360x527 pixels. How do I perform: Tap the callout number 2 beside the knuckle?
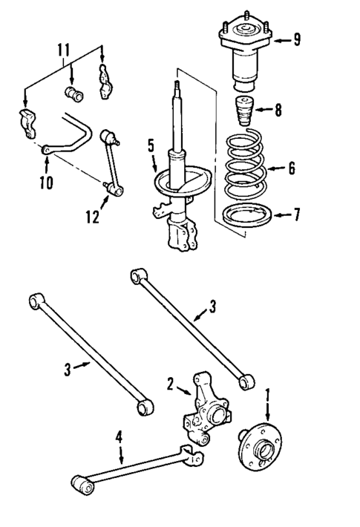170,384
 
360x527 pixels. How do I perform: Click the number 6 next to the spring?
292,168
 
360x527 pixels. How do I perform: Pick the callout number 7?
296,215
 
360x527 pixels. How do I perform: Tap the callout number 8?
278,111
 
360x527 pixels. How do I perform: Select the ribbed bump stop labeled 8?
243,112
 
